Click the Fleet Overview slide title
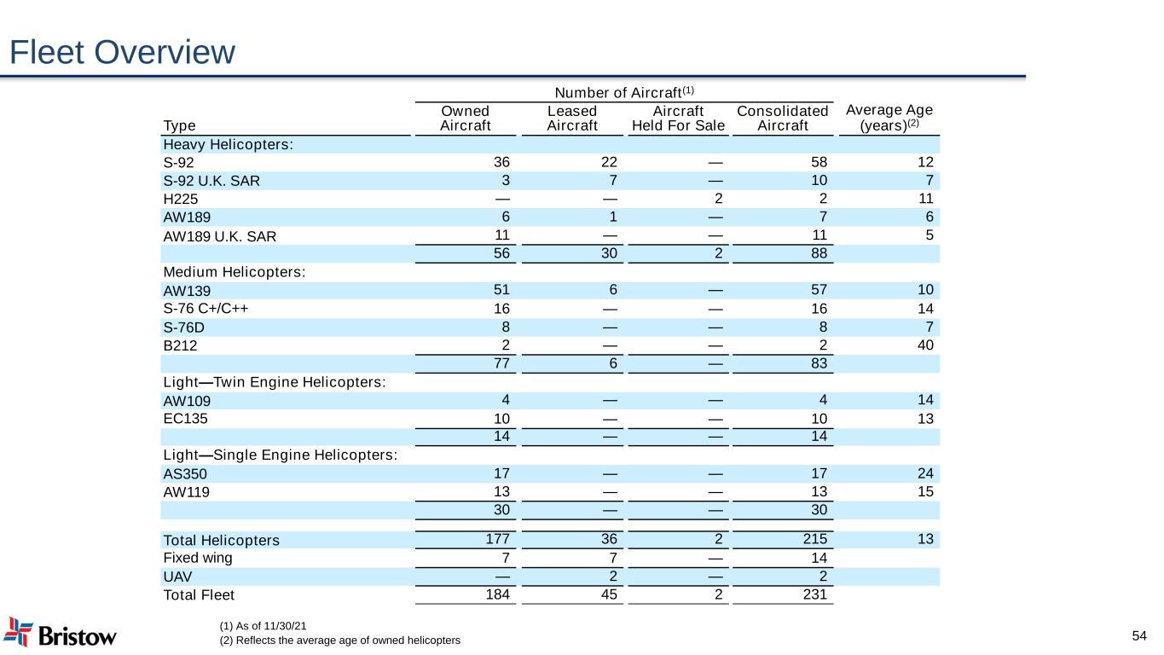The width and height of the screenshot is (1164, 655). pos(122,52)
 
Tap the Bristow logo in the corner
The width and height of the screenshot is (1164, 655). pos(60,633)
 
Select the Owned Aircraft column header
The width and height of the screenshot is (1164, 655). pos(465,118)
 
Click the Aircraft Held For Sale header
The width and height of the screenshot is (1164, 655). pos(678,118)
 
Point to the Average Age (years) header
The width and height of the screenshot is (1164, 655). pos(889,118)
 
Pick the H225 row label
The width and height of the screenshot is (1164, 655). pos(180,199)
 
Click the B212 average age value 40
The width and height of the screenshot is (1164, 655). pos(925,345)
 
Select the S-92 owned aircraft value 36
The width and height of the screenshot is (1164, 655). pos(501,162)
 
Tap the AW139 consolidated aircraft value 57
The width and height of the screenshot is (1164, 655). pos(819,290)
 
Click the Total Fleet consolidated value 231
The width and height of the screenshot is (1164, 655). pos(815,594)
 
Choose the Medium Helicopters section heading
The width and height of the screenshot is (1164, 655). pos(235,272)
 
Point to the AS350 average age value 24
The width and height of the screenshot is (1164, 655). pos(925,473)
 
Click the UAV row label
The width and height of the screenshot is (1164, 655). pos(177,577)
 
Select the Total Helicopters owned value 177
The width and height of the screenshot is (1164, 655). pos(497,539)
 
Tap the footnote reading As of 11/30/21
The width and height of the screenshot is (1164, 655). pos(263,626)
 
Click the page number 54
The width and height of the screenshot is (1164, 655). pos(1139,635)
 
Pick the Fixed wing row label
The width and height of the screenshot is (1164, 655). pos(198,558)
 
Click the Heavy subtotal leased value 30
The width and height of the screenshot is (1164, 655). pos(609,253)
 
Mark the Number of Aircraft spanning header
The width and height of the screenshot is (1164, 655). pos(624,92)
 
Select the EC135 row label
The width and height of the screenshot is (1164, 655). pos(185,419)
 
